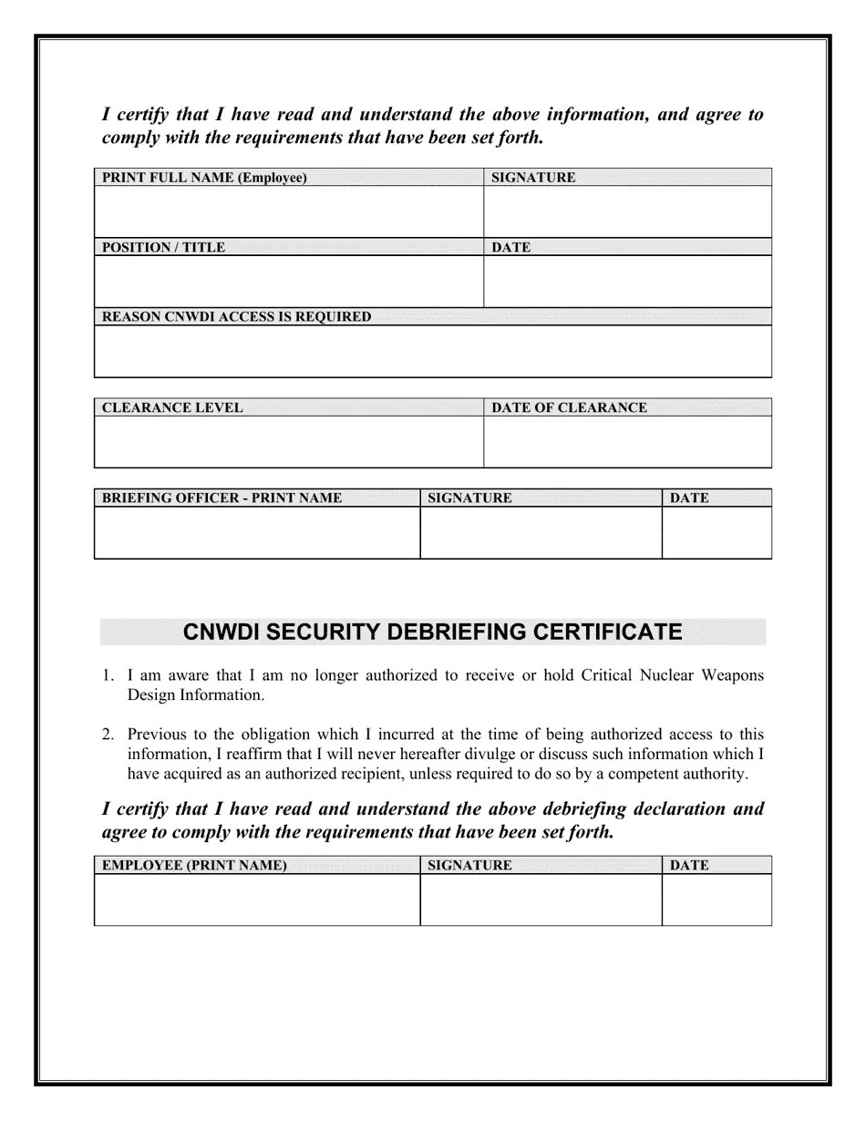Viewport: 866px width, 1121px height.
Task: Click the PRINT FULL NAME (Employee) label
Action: (204, 178)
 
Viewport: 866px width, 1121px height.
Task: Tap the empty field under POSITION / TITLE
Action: (288, 281)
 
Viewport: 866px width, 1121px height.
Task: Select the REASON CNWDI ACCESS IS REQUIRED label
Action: (237, 317)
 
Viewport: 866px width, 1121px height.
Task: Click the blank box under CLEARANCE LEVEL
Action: (288, 442)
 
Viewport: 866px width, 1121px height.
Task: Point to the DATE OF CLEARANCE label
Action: (569, 408)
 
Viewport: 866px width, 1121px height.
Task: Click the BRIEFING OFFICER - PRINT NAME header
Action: (222, 499)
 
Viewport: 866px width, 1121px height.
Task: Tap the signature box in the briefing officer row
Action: (541, 532)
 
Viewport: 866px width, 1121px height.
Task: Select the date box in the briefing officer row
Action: (717, 532)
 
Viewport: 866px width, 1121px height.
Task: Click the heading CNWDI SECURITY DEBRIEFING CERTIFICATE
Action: (432, 632)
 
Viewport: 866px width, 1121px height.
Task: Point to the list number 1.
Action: (108, 676)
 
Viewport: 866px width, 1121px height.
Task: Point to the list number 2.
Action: (108, 735)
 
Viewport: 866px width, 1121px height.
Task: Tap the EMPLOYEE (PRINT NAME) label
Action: (194, 866)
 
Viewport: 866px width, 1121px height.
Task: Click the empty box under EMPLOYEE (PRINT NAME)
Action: (256, 900)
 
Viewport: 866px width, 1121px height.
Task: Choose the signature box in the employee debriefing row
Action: (541, 900)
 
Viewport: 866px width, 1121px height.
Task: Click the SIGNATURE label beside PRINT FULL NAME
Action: (533, 178)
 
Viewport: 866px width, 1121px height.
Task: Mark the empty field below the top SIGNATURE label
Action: (627, 211)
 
